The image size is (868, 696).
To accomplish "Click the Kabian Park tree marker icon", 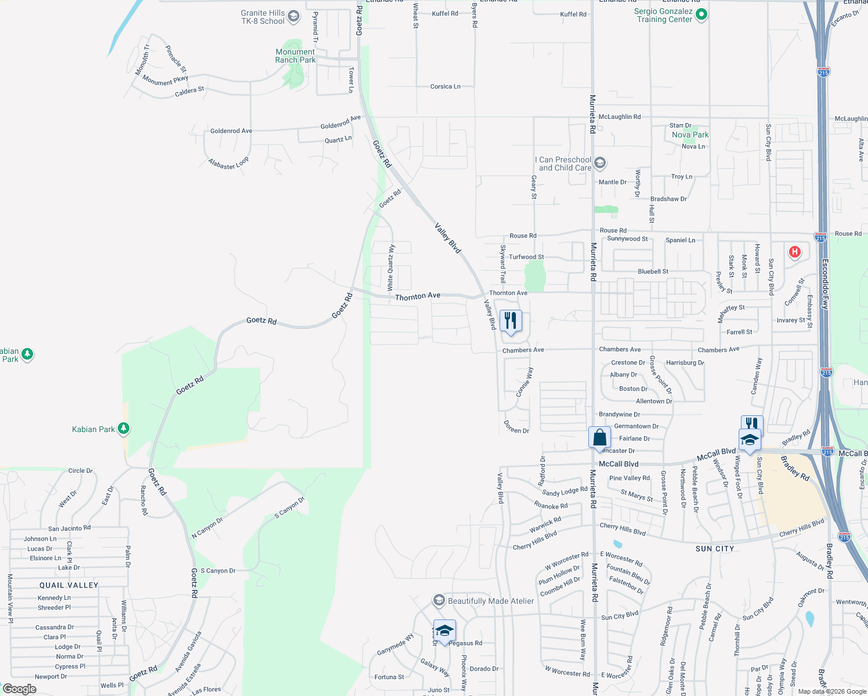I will click(x=123, y=429).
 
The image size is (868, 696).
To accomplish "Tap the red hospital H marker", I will click(x=794, y=252).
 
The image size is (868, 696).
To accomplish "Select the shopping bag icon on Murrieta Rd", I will click(x=599, y=438).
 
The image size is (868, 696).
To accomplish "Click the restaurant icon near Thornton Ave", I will click(x=511, y=321).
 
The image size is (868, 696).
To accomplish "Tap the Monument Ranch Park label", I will click(x=295, y=56).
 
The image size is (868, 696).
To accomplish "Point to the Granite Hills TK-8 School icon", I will click(x=294, y=16).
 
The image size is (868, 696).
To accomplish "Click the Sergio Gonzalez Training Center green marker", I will click(x=701, y=14).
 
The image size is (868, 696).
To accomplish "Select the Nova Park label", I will click(x=690, y=135).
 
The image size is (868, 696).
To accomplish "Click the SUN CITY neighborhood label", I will click(x=715, y=549).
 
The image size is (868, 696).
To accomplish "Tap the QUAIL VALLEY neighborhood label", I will click(x=69, y=585).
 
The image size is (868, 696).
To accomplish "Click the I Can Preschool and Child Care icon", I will click(x=600, y=163).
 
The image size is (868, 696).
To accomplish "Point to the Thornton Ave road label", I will click(x=418, y=296).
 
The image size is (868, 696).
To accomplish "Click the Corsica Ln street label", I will click(x=445, y=86).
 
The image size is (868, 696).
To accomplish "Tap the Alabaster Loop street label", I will click(x=229, y=164).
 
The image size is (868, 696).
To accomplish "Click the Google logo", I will click(x=20, y=688).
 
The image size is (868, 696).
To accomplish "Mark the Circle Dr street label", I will click(x=80, y=470).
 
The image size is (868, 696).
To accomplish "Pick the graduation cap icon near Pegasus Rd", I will click(x=444, y=630).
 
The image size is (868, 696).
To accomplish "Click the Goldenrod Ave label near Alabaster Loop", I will click(x=231, y=131).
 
